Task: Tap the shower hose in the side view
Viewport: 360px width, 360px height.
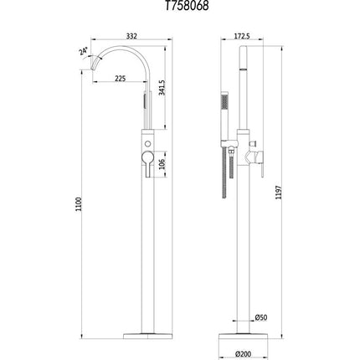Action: (x=225, y=176)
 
